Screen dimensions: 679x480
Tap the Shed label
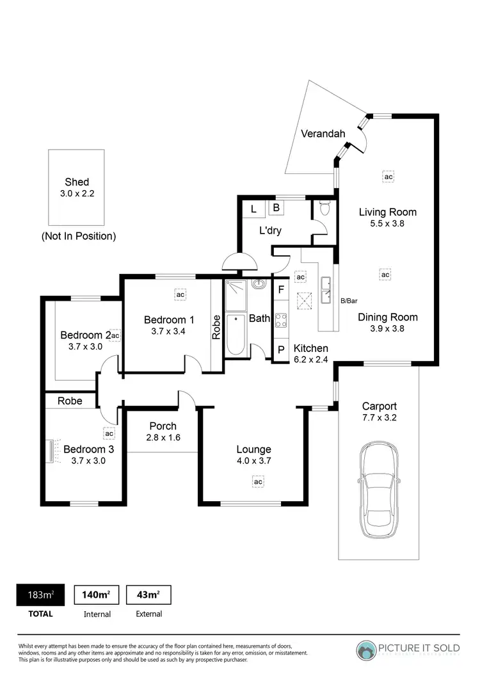(77, 182)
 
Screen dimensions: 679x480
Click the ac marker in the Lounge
(258, 481)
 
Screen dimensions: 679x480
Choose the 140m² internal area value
(97, 595)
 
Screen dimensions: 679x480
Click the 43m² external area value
(148, 595)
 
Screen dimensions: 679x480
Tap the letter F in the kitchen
(281, 289)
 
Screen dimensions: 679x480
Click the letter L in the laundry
(253, 209)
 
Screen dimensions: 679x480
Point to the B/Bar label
(349, 300)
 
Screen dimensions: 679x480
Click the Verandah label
(323, 134)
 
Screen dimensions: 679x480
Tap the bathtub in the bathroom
(236, 335)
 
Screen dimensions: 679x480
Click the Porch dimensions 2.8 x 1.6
(163, 438)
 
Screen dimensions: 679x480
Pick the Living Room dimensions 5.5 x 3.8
(387, 224)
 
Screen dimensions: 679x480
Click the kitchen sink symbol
(327, 284)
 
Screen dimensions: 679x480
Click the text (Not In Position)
(79, 236)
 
